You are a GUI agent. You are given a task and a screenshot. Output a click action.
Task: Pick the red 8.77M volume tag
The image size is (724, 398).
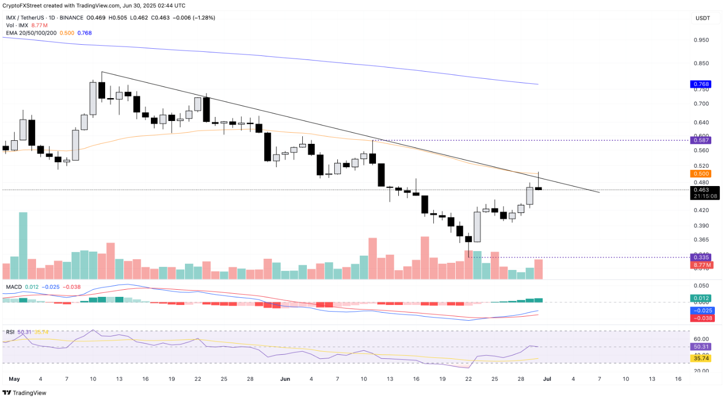pos(704,264)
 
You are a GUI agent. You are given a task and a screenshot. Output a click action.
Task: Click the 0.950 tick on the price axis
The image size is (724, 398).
pos(702,40)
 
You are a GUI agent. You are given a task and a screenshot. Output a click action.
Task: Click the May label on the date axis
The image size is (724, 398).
pos(15,379)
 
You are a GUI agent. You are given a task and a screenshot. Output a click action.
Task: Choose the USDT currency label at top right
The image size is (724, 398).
pos(703,19)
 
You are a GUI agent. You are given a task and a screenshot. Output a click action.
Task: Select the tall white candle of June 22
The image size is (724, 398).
pos(477,227)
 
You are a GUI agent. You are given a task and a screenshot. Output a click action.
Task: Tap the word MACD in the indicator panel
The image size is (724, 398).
pos(14,287)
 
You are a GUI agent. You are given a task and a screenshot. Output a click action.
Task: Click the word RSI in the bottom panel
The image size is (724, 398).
pos(10,332)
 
